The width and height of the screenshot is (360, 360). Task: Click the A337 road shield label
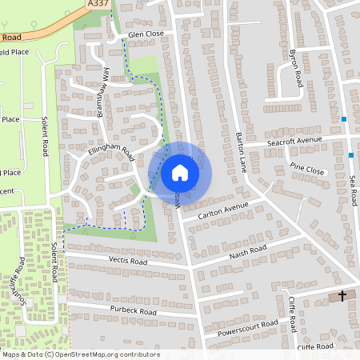[98, 5]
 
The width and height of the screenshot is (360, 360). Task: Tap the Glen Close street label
[145, 35]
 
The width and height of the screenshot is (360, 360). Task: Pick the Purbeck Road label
[134, 310]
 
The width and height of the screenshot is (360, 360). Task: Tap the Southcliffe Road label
[18, 280]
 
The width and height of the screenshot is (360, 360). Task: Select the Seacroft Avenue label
[294, 140]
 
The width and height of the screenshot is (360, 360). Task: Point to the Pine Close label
[307, 170]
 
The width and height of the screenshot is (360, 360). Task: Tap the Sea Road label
[353, 190]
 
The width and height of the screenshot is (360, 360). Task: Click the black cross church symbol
[342, 296]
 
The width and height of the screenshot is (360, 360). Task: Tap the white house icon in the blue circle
[180, 172]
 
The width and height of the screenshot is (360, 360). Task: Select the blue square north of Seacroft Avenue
[344, 119]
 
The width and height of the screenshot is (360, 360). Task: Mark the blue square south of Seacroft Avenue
[350, 155]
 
